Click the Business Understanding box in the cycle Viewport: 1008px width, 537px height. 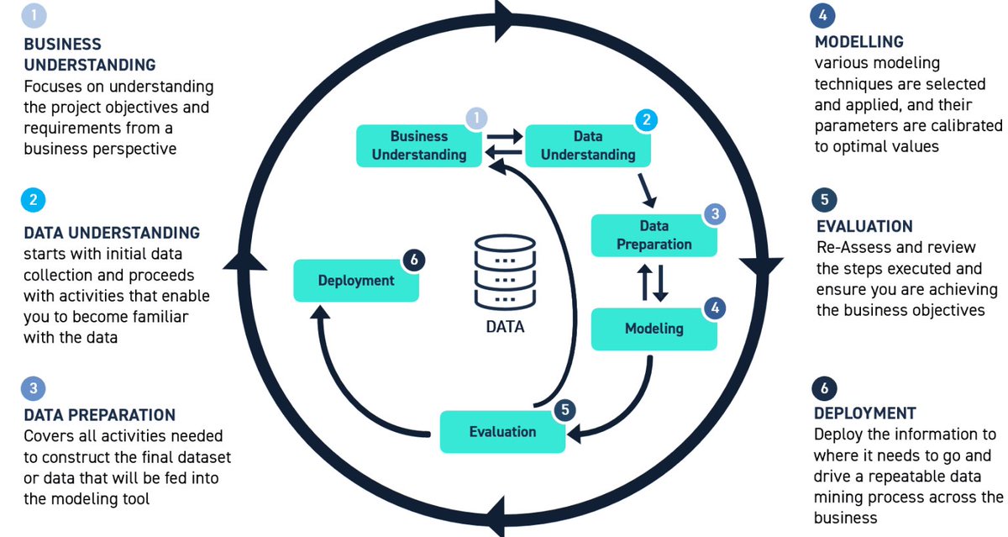click(418, 145)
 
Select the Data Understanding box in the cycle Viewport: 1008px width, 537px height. click(587, 145)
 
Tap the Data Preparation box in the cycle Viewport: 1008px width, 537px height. click(654, 235)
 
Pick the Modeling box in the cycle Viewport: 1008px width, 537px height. click(654, 329)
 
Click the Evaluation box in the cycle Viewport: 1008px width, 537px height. click(502, 431)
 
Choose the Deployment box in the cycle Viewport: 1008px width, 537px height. click(355, 281)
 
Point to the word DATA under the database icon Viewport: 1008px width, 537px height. click(505, 327)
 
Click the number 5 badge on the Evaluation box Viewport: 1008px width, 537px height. click(565, 409)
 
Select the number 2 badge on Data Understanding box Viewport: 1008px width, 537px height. click(645, 120)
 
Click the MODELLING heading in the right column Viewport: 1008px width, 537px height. click(858, 42)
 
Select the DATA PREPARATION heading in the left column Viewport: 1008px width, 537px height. click(99, 415)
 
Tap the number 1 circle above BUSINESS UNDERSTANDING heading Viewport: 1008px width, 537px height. click(33, 16)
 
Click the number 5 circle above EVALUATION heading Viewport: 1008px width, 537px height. click(824, 200)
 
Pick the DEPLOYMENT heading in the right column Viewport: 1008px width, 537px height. click(864, 413)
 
